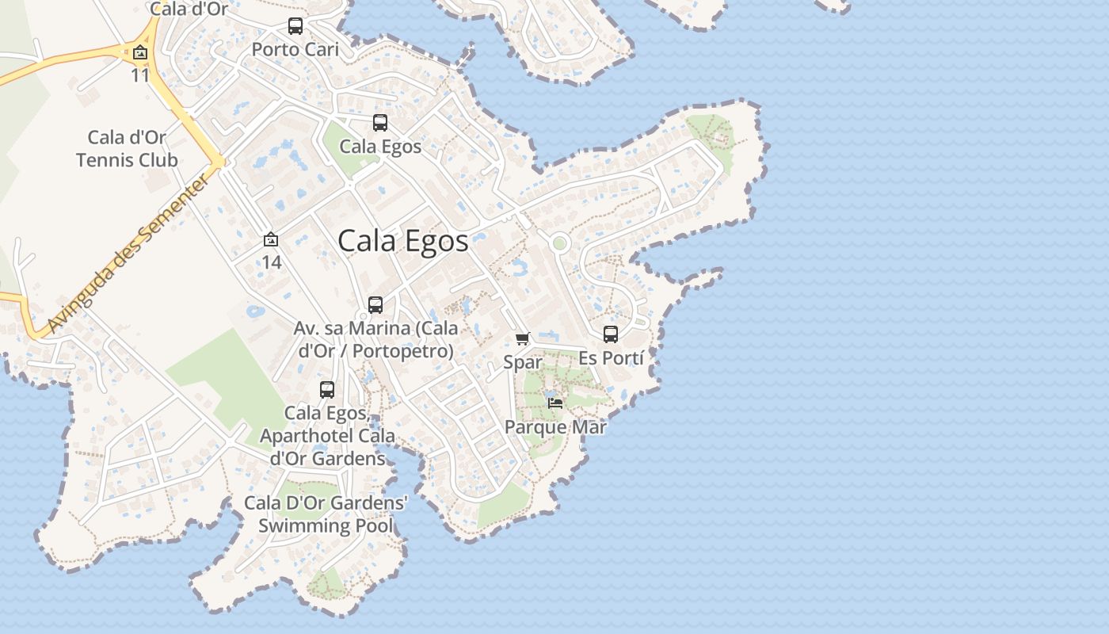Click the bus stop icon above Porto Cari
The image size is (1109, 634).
click(x=295, y=26)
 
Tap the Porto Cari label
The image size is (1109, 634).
click(x=295, y=49)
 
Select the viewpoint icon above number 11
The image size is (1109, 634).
click(x=140, y=53)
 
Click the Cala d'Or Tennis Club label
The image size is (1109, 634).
click(x=127, y=148)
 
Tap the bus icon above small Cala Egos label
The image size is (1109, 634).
click(x=380, y=123)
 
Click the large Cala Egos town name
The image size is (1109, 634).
click(x=403, y=241)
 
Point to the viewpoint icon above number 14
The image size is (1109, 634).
click(x=271, y=239)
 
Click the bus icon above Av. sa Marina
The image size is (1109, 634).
click(x=375, y=305)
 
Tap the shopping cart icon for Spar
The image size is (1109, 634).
click(x=523, y=339)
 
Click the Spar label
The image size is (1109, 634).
click(x=523, y=362)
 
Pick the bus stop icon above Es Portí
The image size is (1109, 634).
click(x=611, y=334)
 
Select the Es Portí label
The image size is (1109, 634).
click(x=611, y=357)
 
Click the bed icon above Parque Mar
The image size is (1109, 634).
click(x=555, y=403)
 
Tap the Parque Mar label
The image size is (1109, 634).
click(x=555, y=427)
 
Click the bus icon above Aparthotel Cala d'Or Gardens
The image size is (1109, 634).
click(x=327, y=390)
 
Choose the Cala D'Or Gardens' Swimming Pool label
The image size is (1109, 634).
click(x=326, y=514)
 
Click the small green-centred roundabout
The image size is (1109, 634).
click(x=559, y=243)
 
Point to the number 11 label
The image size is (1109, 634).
click(x=140, y=75)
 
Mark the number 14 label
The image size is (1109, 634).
click(x=271, y=262)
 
